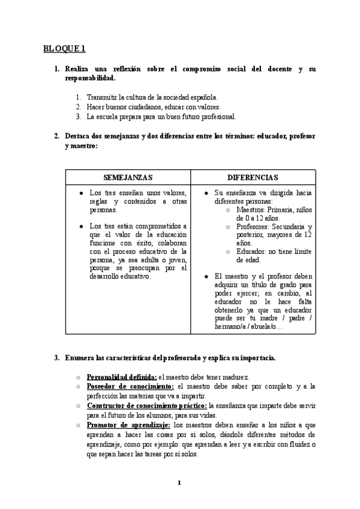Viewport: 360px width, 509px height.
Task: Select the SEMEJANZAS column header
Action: click(x=128, y=178)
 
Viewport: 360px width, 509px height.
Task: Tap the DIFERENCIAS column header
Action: click(x=253, y=178)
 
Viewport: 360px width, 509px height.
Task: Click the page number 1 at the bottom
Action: click(x=179, y=483)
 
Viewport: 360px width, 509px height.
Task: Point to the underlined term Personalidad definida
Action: click(x=122, y=377)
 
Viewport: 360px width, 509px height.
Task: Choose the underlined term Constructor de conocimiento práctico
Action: click(x=146, y=406)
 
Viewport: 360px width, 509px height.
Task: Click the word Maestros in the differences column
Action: click(x=253, y=209)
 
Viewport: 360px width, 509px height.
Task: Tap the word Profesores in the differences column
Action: click(x=256, y=227)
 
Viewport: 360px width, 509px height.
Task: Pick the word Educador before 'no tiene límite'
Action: click(x=254, y=252)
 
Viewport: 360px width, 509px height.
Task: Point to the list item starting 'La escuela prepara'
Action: click(x=161, y=116)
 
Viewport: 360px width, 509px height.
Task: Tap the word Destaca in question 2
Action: click(x=80, y=136)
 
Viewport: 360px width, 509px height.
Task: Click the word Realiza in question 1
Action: click(x=79, y=69)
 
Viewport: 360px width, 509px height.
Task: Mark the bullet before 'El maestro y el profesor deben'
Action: click(x=206, y=276)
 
